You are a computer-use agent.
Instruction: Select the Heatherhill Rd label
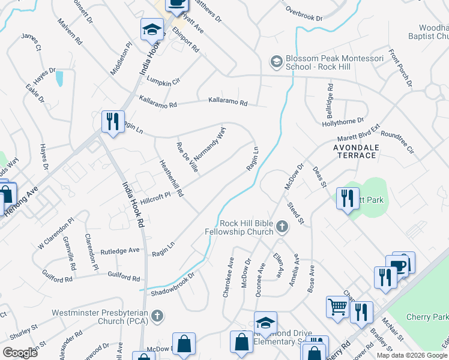tap(170, 178)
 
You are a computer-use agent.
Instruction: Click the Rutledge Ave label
tap(120, 251)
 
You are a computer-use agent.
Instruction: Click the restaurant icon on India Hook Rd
tap(113, 122)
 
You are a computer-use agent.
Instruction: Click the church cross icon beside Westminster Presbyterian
tap(157, 316)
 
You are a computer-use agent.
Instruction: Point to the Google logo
tap(20, 353)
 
